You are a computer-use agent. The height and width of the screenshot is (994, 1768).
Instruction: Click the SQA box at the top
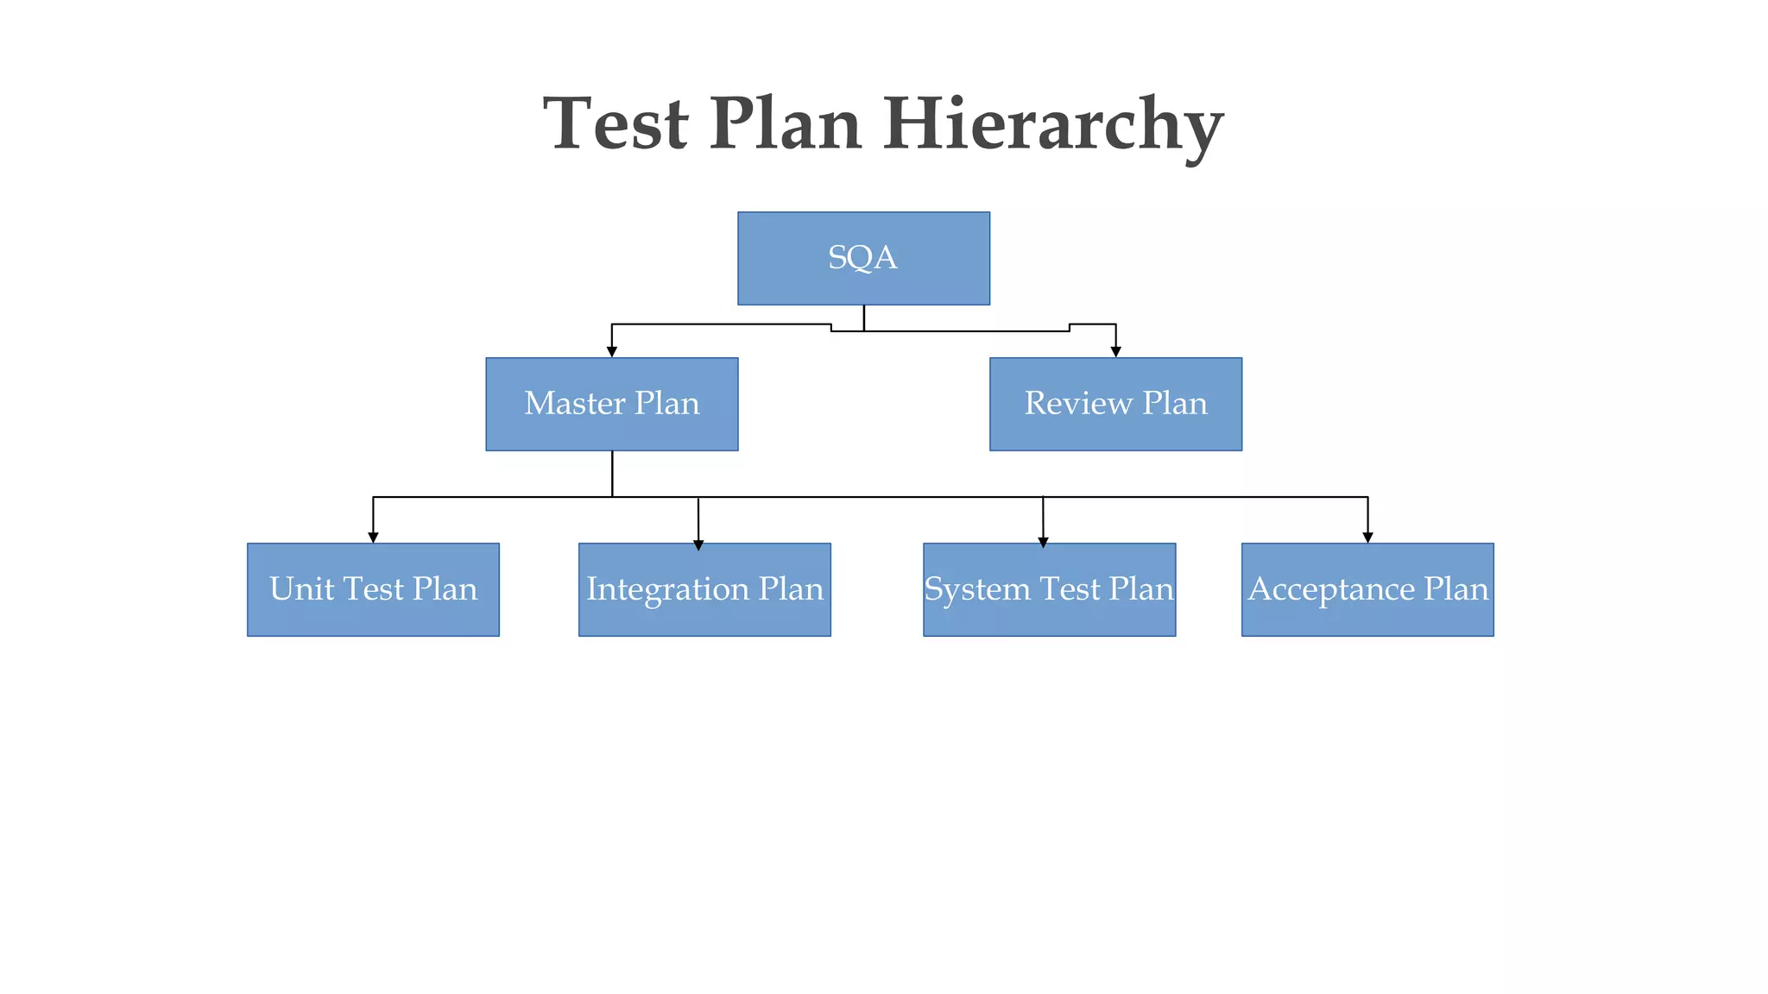click(863, 258)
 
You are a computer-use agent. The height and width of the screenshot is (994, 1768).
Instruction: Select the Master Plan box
click(611, 404)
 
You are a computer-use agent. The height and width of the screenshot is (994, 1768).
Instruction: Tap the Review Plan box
click(1115, 404)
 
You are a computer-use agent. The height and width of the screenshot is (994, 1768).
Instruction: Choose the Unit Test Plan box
click(373, 589)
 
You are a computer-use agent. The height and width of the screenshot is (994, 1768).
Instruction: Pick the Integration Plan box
click(704, 589)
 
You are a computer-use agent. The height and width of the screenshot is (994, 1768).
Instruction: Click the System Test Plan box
click(1049, 589)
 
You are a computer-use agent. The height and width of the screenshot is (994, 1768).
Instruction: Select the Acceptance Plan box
click(1367, 589)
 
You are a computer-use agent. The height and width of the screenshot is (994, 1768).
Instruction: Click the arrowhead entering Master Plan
click(612, 351)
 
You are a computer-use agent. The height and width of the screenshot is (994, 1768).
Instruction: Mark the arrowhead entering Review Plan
click(1115, 351)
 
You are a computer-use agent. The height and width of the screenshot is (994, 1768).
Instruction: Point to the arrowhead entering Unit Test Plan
click(373, 537)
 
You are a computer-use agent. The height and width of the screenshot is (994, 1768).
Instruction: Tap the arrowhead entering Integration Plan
click(698, 544)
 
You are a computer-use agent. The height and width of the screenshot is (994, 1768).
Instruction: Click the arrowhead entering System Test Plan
click(1043, 542)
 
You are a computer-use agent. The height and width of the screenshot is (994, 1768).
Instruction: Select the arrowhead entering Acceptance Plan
click(1367, 537)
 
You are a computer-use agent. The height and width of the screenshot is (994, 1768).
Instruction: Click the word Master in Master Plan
click(575, 404)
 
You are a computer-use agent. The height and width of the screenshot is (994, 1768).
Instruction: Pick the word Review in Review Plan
click(1078, 404)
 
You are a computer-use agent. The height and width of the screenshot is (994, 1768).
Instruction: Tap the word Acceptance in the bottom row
click(1331, 589)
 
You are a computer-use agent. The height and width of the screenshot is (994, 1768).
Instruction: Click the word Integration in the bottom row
click(667, 589)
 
